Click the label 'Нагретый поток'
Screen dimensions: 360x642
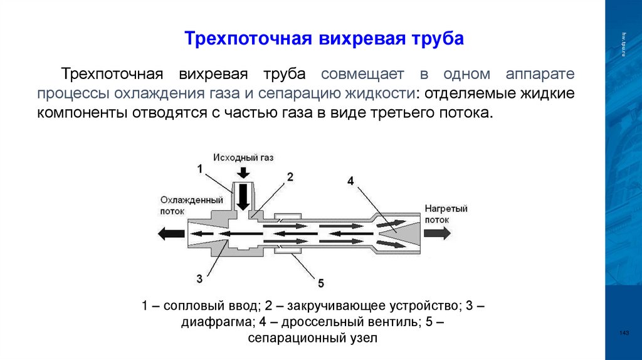[446, 214]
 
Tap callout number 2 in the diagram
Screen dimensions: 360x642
[290, 177]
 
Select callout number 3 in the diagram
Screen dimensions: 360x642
[199, 278]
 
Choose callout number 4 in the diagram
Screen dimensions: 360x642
[350, 181]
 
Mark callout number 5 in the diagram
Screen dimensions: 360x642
[321, 282]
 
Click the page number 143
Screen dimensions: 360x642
[623, 332]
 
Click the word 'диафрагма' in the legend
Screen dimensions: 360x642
[209, 322]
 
